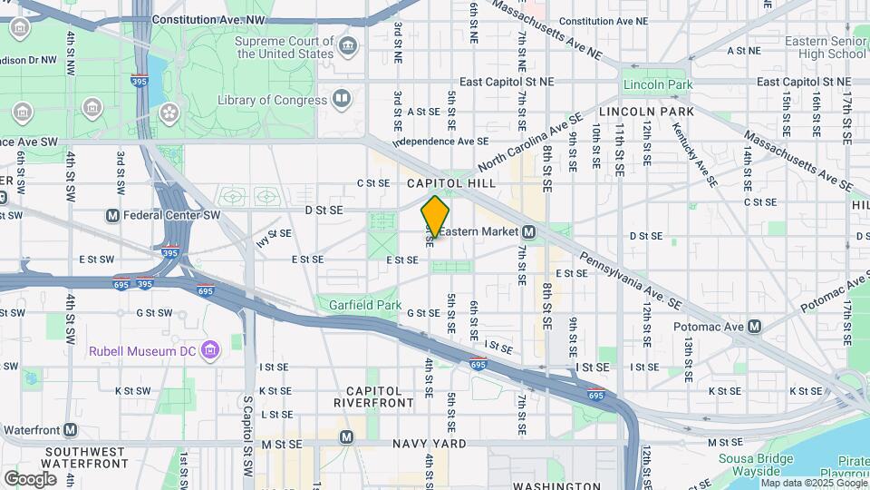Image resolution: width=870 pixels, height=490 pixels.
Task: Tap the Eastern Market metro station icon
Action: click(x=527, y=233)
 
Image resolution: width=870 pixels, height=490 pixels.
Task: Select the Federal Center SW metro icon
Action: click(x=112, y=215)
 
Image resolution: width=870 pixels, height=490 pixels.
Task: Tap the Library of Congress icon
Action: click(x=341, y=98)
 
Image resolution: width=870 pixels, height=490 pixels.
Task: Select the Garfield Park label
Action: click(x=364, y=306)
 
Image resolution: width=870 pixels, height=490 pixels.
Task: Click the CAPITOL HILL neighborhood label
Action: click(x=441, y=183)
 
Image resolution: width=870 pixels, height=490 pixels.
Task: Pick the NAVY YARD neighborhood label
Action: click(x=430, y=444)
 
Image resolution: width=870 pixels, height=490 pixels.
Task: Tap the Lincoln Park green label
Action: click(x=657, y=84)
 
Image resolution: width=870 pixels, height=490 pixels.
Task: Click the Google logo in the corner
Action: click(x=30, y=478)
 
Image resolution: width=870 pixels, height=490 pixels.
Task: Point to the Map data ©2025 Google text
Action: click(x=814, y=483)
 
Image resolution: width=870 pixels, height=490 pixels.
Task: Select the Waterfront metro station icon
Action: click(x=70, y=429)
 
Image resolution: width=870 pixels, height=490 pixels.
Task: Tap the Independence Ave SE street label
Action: click(x=441, y=142)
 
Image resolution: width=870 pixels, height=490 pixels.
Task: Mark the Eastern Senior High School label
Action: click(x=825, y=47)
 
